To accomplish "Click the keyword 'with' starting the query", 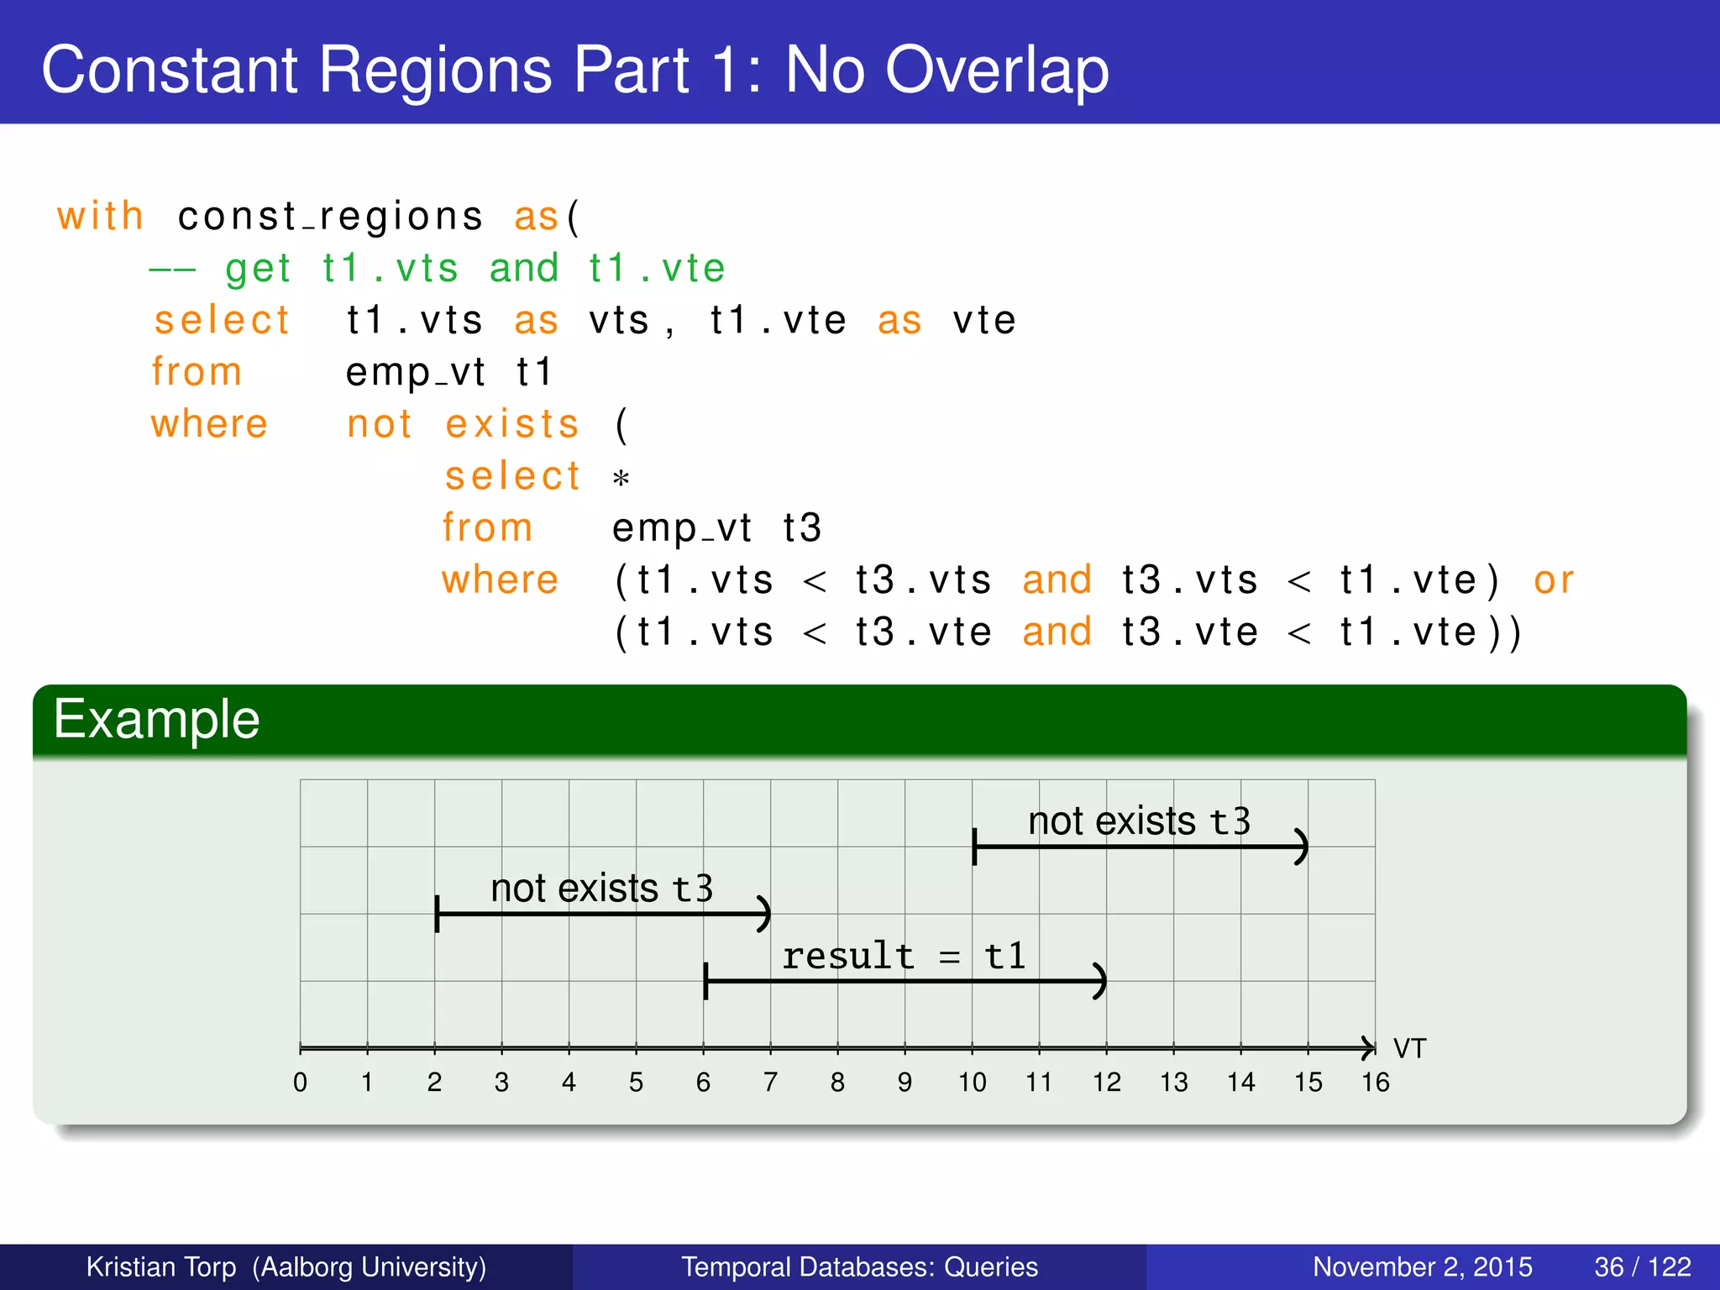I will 100,216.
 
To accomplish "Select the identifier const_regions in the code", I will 330,218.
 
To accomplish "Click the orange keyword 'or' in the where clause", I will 1553,580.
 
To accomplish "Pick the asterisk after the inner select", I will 621,480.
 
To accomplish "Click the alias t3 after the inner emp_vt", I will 801,528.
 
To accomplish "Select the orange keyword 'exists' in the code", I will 512,424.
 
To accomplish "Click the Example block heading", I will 157,720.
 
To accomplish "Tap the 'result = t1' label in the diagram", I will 904,957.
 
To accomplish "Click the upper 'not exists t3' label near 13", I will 1139,821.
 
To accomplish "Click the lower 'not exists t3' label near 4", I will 601,889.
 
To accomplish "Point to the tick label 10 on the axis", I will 972,1083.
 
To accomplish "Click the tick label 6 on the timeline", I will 703,1083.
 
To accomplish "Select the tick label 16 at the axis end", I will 1375,1083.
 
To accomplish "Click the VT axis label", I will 1409,1049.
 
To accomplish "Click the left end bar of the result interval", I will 705,981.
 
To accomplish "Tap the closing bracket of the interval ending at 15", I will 1302,847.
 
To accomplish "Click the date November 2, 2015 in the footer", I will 1422,1266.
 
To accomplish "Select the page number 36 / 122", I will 1642,1266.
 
